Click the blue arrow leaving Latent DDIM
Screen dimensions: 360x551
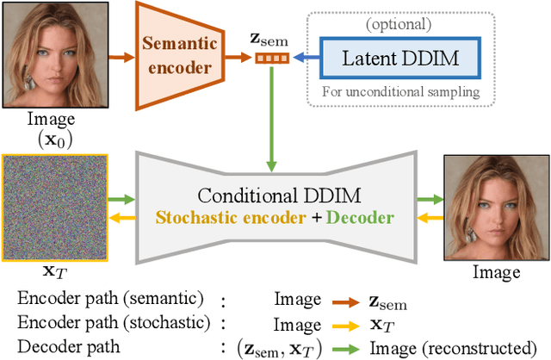[x=305, y=59]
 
